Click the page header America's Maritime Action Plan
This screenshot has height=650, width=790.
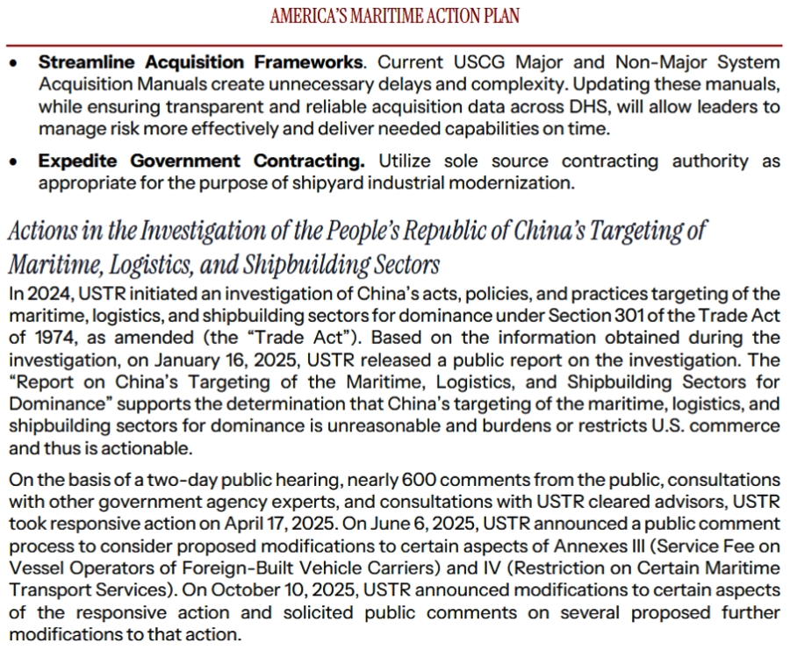[394, 17]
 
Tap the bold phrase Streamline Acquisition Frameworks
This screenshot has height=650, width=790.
[200, 62]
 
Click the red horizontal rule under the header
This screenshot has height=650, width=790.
[394, 45]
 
